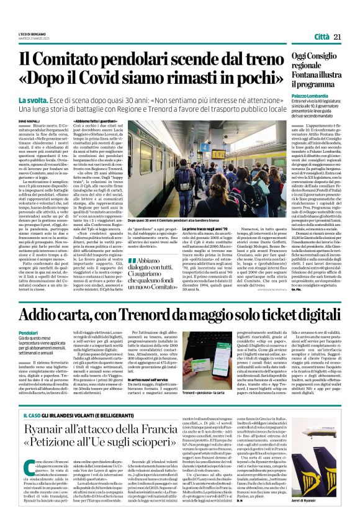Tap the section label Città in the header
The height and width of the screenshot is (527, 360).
click(322, 37)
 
